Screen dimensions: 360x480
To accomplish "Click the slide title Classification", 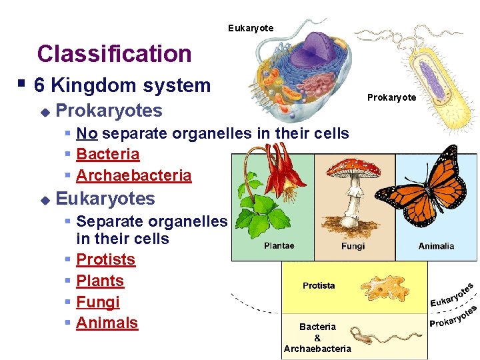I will [x=114, y=54].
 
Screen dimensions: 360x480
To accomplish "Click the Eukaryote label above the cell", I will [x=250, y=28].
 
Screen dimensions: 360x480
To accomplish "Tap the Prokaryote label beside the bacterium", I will [x=391, y=98].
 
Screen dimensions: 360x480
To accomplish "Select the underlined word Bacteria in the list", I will [x=108, y=155].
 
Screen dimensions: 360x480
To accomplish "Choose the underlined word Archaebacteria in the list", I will [x=134, y=176].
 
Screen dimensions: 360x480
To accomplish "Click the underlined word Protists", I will [x=106, y=259].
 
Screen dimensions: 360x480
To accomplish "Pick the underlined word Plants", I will [x=100, y=281].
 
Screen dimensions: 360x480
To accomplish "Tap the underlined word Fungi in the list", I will [x=98, y=302].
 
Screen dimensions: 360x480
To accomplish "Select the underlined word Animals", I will [x=107, y=323].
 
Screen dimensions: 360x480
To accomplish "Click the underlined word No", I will [x=87, y=133].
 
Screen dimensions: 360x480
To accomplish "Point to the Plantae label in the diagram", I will [x=279, y=246].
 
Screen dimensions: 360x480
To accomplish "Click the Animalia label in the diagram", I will [x=436, y=246].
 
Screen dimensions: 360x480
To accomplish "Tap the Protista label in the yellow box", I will [x=319, y=286].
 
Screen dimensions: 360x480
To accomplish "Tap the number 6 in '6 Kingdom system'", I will [x=39, y=85].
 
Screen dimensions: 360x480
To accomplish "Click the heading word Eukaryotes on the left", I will [x=105, y=199].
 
